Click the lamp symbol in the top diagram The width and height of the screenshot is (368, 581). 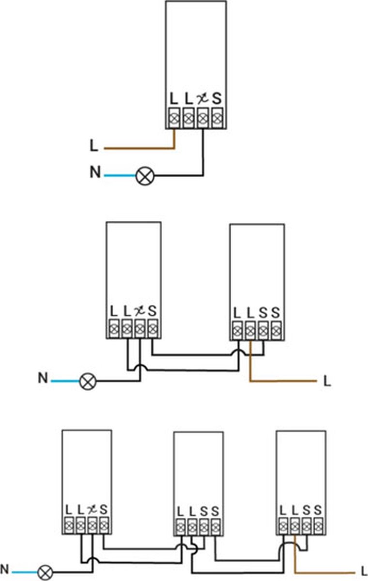[144, 175]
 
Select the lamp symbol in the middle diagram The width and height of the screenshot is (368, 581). [88, 381]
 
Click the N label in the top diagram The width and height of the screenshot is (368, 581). [95, 172]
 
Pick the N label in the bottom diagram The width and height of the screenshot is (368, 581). [5, 569]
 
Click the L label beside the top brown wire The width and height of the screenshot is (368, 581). [94, 146]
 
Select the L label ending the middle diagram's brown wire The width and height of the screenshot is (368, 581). [327, 382]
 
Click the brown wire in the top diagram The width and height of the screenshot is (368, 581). [140, 148]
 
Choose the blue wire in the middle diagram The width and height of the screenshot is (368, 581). [65, 381]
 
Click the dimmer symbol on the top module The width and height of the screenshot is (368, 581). [202, 99]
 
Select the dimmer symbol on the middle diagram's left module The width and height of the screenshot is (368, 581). [139, 310]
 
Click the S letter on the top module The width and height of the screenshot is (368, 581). [216, 99]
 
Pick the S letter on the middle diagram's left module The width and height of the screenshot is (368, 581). [152, 310]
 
